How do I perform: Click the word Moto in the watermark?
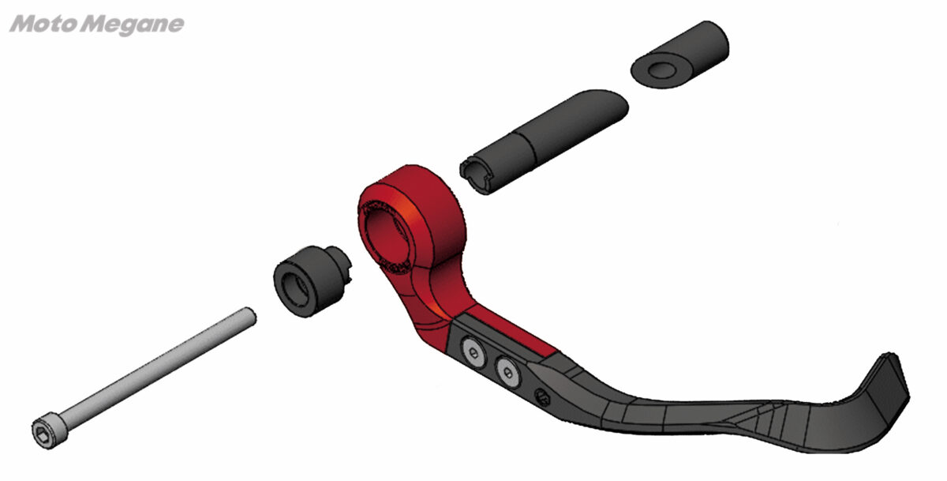(x=45, y=24)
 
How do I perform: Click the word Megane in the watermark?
(x=133, y=25)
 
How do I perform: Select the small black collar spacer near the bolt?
(x=312, y=280)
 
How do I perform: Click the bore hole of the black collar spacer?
(x=294, y=290)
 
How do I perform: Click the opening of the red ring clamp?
(x=385, y=238)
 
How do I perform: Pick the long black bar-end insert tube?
(x=544, y=141)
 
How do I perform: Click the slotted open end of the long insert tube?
(x=477, y=176)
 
